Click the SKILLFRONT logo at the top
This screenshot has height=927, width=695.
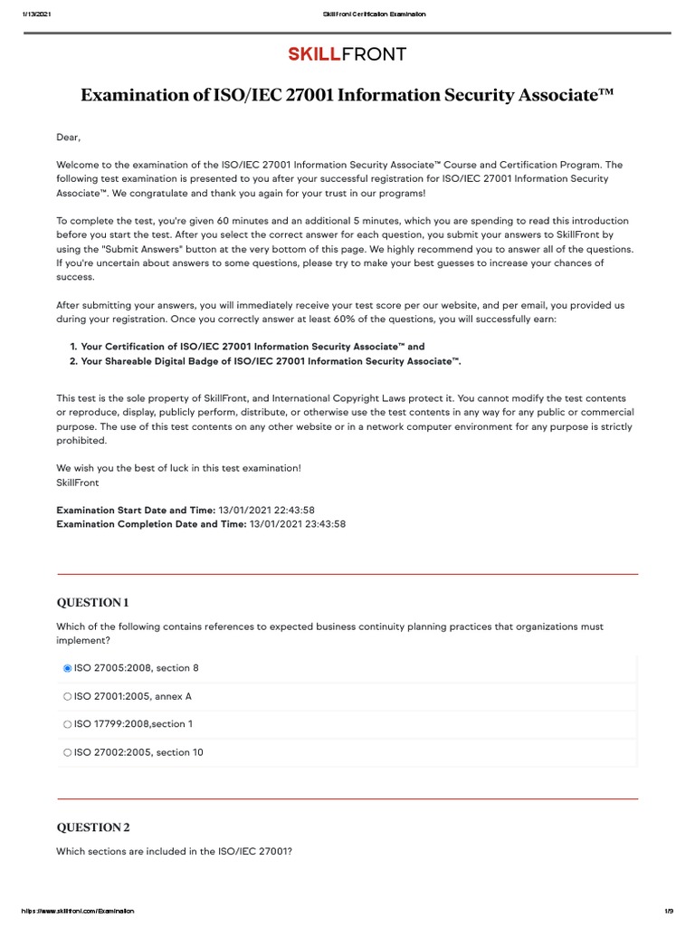click(x=347, y=54)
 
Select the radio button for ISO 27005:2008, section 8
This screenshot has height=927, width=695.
click(x=67, y=668)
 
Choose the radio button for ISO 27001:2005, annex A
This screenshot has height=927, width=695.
click(x=67, y=696)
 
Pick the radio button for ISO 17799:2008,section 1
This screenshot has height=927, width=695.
click(x=67, y=724)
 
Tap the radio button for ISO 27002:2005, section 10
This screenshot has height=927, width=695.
click(x=67, y=752)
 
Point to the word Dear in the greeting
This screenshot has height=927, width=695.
click(x=68, y=138)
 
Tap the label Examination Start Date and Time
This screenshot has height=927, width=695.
click(x=136, y=511)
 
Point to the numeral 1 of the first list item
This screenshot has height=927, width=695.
click(x=72, y=347)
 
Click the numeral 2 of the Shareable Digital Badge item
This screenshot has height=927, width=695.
click(x=72, y=361)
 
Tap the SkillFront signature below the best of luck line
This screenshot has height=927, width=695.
click(x=78, y=483)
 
